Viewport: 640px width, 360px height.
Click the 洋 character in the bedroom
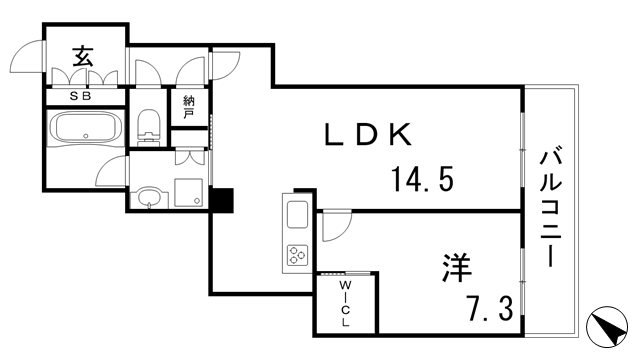coord(458,267)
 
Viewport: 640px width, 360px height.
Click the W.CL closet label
coord(343,304)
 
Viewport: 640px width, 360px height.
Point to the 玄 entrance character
coord(82,57)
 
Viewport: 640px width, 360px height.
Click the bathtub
coord(86,129)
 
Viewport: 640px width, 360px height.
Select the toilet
coord(149,125)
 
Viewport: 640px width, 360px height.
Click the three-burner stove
coord(297,254)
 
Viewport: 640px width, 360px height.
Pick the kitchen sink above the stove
coord(297,215)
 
